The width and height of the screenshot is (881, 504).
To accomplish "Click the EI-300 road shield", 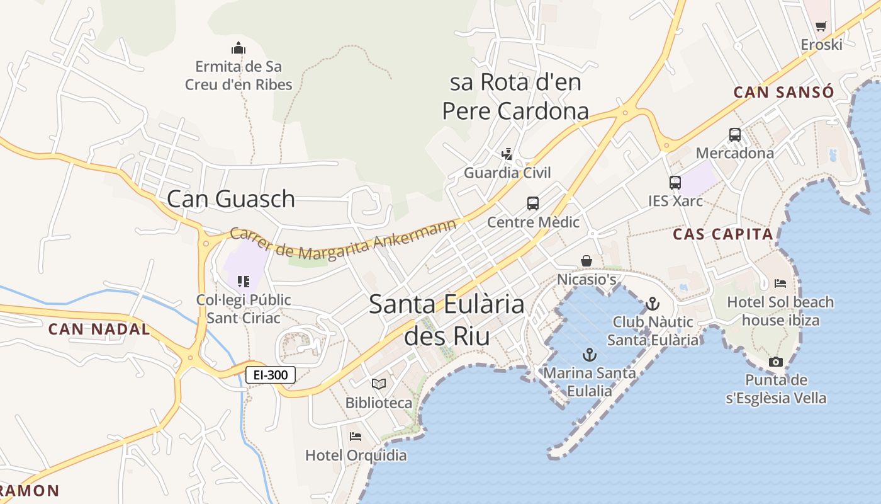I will (x=271, y=375).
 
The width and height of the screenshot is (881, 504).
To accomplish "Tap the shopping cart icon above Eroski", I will (x=821, y=26).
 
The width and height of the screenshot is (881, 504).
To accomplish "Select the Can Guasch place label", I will (x=231, y=199).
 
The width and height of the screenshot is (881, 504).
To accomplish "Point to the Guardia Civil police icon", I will (x=507, y=154).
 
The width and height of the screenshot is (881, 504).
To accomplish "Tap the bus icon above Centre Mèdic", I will (x=533, y=203).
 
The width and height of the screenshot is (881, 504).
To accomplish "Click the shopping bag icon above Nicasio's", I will (x=586, y=260).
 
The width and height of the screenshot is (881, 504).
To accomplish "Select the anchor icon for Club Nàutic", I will (x=653, y=304).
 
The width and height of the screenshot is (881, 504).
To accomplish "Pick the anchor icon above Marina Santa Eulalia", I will (x=590, y=354).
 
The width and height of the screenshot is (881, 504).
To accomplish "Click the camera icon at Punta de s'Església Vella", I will (x=776, y=362).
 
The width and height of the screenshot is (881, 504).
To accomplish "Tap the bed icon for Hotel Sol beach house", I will (x=780, y=283).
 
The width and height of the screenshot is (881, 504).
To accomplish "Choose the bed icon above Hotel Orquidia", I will (x=356, y=436).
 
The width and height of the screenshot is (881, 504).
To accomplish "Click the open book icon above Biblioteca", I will (x=379, y=384).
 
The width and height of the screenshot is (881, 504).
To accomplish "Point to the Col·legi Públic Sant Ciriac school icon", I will (x=244, y=281).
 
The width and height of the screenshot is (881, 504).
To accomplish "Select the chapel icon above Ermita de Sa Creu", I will (x=238, y=48).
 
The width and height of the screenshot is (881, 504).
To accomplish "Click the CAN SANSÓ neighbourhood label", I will (x=783, y=92).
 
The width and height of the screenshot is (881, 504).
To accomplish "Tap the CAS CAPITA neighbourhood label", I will (x=722, y=234).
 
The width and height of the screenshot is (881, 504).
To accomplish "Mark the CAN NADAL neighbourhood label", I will (x=99, y=329).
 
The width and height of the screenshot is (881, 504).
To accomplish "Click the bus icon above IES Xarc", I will (x=675, y=183).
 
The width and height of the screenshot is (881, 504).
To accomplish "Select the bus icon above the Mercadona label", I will (x=735, y=134).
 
